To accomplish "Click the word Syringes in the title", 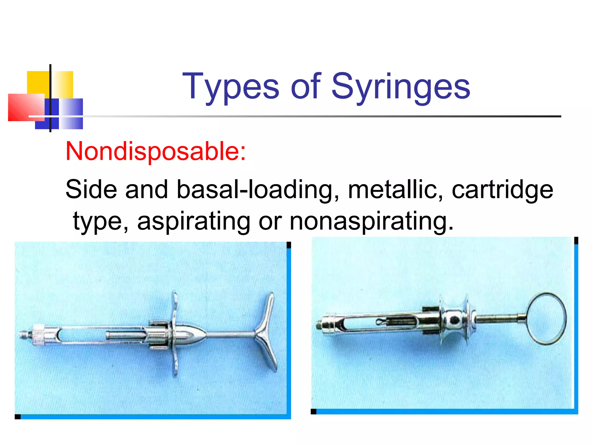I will point(401,86).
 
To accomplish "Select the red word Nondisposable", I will point(156,151).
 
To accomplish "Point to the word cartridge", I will point(502,190).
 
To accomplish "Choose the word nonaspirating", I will point(371,221).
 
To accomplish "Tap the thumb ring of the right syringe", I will point(546,319).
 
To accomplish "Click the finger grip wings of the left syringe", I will point(175,332).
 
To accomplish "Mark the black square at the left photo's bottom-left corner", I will point(18,417).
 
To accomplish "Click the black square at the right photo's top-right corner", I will point(576,240).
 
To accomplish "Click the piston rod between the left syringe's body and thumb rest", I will point(231,335).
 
